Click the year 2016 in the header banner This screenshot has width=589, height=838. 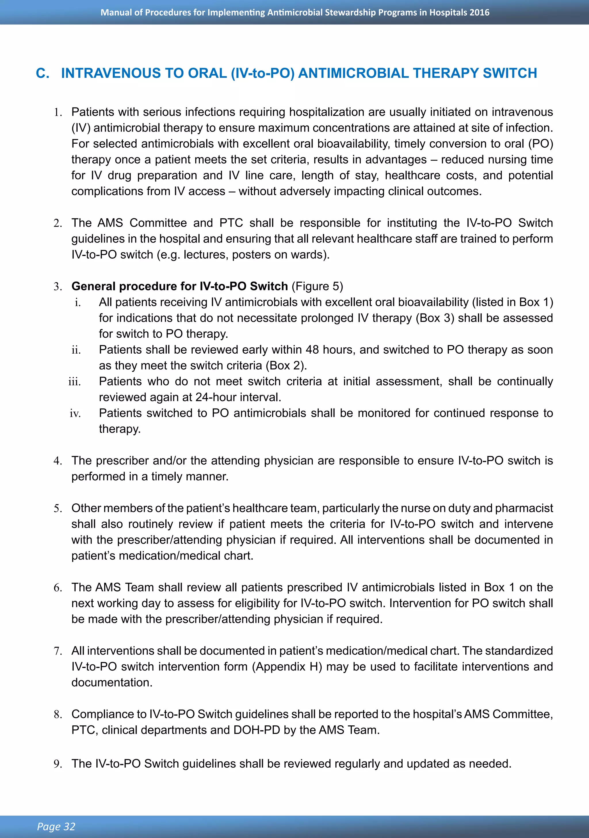click(x=479, y=12)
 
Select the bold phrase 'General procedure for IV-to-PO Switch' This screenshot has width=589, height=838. click(x=179, y=286)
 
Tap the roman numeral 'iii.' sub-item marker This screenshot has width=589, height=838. click(x=74, y=382)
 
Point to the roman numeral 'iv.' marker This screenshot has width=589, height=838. click(x=75, y=413)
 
